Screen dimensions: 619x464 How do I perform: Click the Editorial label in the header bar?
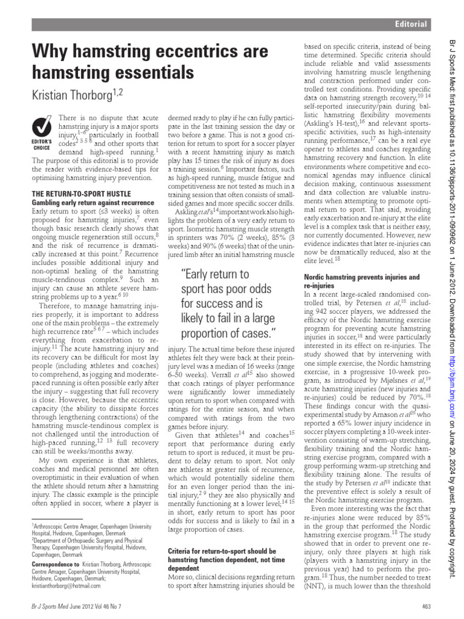coord(411,24)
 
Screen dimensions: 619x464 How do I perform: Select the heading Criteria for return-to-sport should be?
coord(222,551)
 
